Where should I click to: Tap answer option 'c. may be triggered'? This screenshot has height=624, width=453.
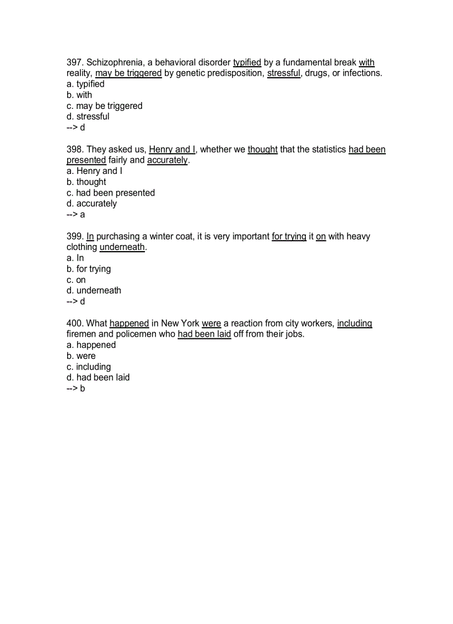pos(104,106)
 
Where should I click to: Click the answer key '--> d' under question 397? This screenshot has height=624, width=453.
pos(75,127)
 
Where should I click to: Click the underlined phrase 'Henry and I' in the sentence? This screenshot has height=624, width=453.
pos(172,149)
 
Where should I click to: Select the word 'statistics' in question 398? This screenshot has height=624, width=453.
pos(326,149)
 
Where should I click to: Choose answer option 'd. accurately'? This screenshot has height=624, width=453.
pos(92,203)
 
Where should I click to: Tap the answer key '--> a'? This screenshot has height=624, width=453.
pos(75,214)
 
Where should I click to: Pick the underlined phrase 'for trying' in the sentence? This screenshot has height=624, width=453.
pos(289,236)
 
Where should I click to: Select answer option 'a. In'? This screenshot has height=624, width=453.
pos(75,258)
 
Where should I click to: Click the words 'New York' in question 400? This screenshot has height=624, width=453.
pos(180,323)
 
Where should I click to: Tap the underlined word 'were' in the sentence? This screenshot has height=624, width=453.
pos(211,323)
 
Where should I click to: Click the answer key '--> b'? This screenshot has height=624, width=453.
pos(75,388)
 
